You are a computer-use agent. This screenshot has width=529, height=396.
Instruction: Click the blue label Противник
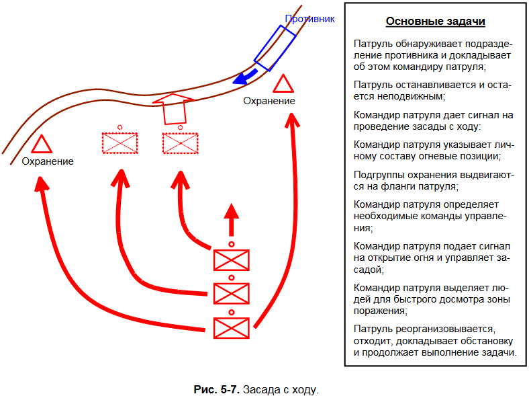click(309, 19)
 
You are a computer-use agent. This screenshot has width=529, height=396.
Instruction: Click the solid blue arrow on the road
click(245, 77)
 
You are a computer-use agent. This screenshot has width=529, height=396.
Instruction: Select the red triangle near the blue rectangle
click(283, 84)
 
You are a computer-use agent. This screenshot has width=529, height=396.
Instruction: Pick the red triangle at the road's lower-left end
click(42, 145)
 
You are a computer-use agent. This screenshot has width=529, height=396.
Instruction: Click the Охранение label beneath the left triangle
click(48, 161)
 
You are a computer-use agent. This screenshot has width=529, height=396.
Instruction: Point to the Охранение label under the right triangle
click(269, 101)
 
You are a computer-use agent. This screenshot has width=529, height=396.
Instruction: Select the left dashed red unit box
click(119, 143)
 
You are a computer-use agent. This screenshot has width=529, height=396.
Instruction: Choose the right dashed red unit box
click(180, 143)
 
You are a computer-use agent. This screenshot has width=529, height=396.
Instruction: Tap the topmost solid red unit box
click(232, 260)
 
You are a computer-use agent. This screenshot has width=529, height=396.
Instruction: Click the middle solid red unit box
click(232, 294)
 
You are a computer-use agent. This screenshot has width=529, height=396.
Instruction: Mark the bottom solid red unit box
click(232, 328)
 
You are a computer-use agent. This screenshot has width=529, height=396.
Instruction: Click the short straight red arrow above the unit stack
click(232, 220)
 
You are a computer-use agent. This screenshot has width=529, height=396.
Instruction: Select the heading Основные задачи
click(435, 22)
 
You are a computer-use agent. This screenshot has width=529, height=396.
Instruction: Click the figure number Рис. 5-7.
click(216, 389)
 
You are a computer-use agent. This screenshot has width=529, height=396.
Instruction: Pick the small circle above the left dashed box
click(119, 127)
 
